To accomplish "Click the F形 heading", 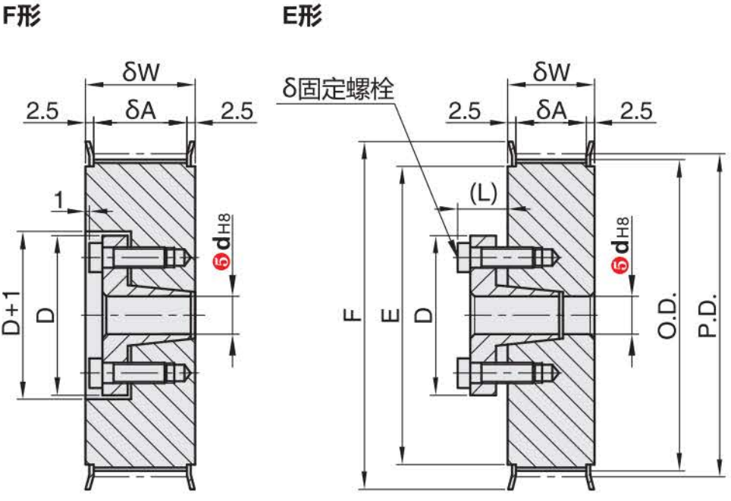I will tap(20, 17).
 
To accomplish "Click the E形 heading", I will tap(303, 17).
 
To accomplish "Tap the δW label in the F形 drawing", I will tap(140, 72).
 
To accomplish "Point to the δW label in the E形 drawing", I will tap(551, 72).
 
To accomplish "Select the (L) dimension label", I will tap(483, 193).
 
